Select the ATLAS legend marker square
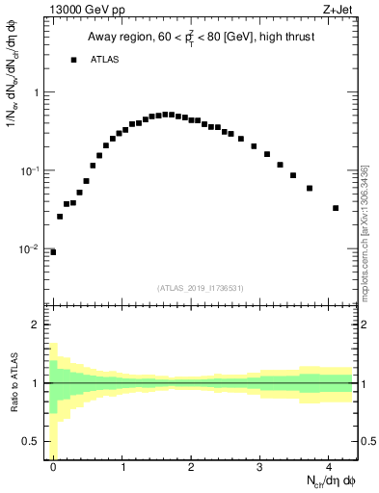[73, 60]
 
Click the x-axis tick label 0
[53, 466]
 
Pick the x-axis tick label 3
[260, 466]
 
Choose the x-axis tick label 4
[329, 466]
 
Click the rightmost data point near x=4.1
[336, 208]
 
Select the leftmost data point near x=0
[53, 252]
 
